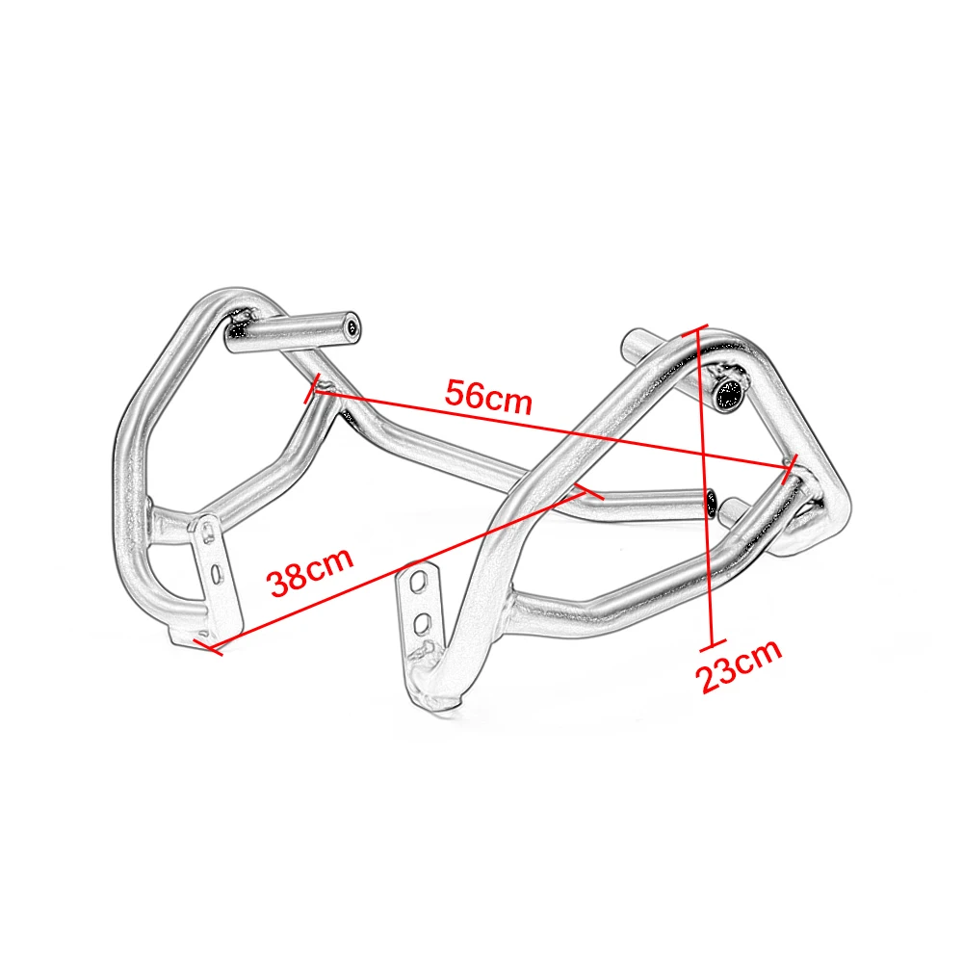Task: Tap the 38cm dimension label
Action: tap(310, 571)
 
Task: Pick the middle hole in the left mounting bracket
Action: tap(216, 574)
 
